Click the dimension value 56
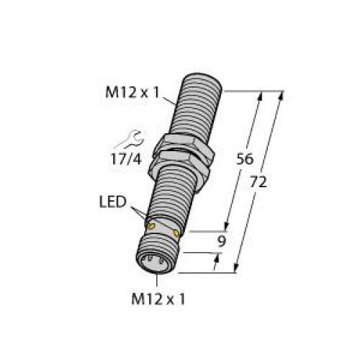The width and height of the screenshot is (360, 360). tap(246, 160)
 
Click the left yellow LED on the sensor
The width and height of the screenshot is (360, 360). tap(151, 228)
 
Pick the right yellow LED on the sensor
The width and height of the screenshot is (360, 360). tap(178, 234)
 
